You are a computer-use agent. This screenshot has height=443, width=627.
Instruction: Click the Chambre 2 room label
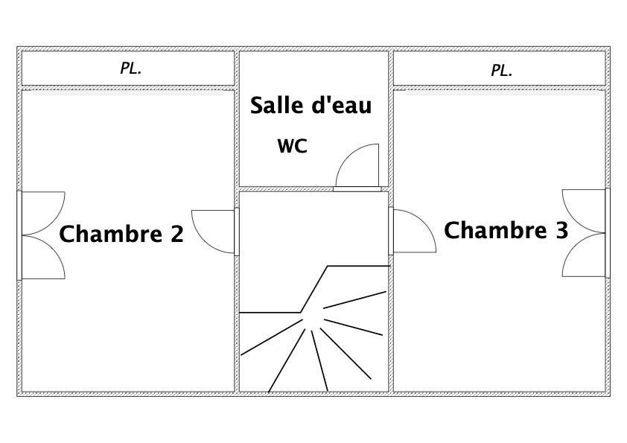tap(121, 234)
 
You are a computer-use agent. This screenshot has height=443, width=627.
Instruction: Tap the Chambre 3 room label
tap(506, 230)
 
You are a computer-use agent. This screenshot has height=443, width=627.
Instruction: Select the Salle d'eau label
tap(311, 105)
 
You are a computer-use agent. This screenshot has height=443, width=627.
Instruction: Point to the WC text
tap(293, 146)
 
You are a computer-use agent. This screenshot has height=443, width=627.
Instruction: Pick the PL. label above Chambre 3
tap(502, 71)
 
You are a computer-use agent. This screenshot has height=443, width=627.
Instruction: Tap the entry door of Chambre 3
tap(412, 231)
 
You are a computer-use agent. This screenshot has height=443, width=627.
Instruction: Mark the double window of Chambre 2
tap(41, 235)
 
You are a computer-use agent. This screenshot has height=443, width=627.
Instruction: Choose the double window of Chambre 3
tap(585, 232)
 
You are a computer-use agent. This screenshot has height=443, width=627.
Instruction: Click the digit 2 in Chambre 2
tap(176, 235)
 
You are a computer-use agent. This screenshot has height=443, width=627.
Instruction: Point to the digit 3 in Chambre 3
tap(561, 230)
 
